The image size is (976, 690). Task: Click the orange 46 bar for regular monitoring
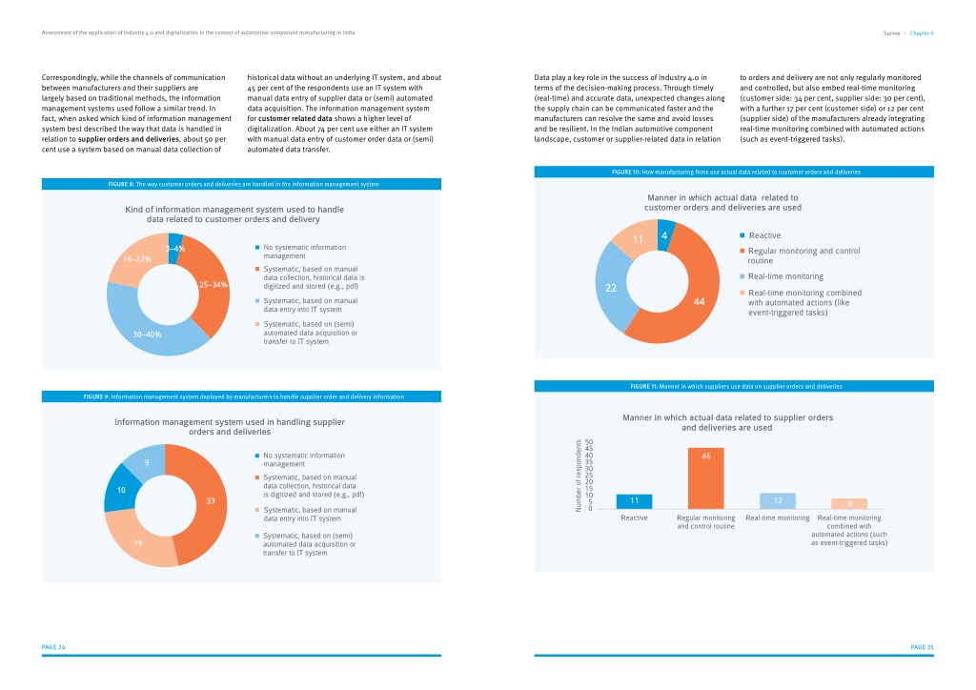(x=706, y=477)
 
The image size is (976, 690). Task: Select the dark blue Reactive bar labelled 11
(x=634, y=501)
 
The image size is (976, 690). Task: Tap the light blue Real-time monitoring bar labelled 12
(x=778, y=501)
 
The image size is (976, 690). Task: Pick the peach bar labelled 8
(x=849, y=503)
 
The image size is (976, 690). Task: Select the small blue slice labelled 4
(x=664, y=234)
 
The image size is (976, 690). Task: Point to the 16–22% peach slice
(x=137, y=259)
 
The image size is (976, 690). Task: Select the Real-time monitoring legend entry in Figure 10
(x=782, y=276)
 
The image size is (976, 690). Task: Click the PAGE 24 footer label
(x=53, y=647)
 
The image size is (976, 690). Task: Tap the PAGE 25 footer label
(x=922, y=647)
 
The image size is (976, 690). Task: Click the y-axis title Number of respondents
(x=579, y=476)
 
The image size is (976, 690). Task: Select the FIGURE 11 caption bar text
(x=736, y=386)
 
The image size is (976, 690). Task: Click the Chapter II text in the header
(x=922, y=33)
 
